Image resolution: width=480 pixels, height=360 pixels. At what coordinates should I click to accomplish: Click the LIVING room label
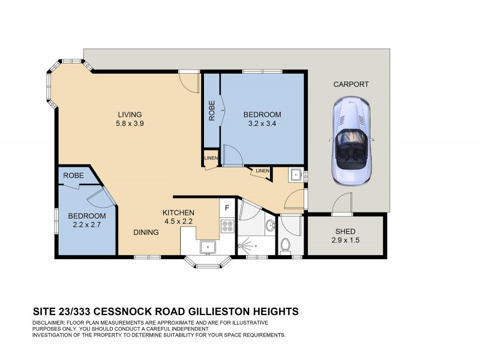[x=129, y=115]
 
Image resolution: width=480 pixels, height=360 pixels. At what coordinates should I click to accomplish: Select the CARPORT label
[x=351, y=85]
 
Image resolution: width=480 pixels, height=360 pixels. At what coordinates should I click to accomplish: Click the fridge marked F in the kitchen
[x=227, y=208]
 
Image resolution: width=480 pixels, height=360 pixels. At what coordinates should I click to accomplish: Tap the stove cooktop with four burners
[x=227, y=226]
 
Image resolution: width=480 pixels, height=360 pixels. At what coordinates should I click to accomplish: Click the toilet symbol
[x=286, y=245]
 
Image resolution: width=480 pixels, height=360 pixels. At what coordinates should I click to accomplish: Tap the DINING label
[x=146, y=232]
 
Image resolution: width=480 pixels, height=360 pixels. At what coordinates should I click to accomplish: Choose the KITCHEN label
[x=179, y=212]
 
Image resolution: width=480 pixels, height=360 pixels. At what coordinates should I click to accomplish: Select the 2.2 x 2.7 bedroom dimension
[x=86, y=226]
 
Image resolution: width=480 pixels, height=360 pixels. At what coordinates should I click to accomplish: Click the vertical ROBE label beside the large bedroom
[x=212, y=112]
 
